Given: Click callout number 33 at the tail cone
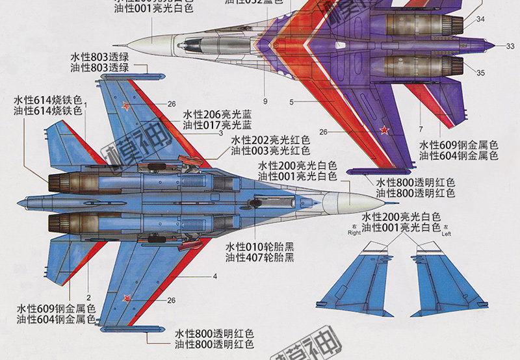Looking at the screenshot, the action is pos(510,45).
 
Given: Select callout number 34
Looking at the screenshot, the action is pos(480,19).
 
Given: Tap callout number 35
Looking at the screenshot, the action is pos(480,73).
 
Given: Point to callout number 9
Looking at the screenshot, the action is pos(265,101).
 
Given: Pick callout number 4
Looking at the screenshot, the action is pos(214,276).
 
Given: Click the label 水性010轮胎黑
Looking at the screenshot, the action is pos(260,247).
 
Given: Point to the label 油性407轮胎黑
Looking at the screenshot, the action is pos(260,258).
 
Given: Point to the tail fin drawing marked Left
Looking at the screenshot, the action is pos(448,279).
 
